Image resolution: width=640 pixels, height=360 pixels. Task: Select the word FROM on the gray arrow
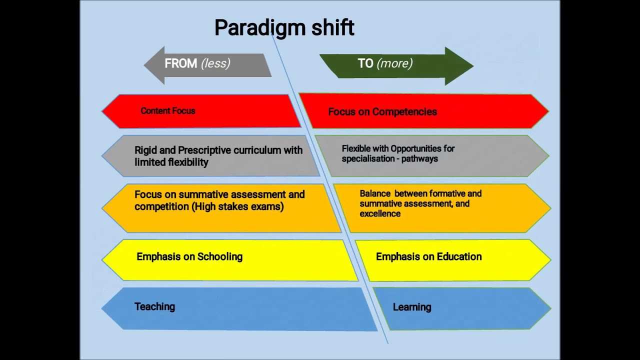tap(180, 63)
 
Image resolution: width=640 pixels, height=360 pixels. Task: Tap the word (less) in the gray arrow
tap(215, 63)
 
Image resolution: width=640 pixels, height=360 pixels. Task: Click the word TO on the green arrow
tap(365, 63)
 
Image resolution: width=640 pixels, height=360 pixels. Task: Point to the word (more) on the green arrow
tap(394, 63)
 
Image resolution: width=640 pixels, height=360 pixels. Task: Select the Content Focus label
tap(167, 111)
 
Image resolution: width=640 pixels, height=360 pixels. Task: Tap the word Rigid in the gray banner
tap(145, 150)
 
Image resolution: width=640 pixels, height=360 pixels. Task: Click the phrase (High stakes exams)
tap(237, 206)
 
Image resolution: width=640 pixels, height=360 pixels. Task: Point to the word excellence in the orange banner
tap(380, 214)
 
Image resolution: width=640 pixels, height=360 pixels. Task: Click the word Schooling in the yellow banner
tap(220, 257)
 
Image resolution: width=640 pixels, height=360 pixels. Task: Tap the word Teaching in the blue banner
tap(154, 307)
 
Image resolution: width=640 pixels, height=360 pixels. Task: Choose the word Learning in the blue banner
tap(412, 307)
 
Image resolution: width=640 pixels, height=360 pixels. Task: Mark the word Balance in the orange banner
tap(374, 193)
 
